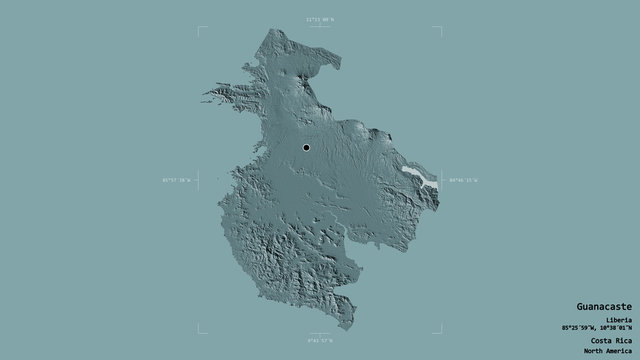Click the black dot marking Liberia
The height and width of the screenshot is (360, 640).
pos(306,149)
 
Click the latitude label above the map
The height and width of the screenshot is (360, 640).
pos(320,19)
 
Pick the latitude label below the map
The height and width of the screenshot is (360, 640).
pos(320,342)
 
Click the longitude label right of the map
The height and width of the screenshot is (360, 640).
pos(463,180)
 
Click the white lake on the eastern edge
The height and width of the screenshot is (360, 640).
pos(420,180)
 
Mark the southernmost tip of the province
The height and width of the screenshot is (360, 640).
pos(345,326)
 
